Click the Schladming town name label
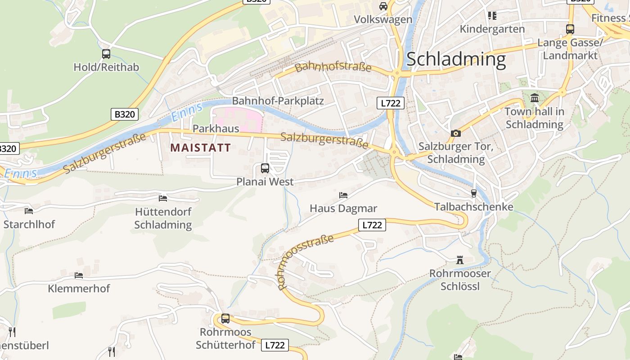[456, 59]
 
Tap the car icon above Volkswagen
[383, 6]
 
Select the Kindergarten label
[492, 29]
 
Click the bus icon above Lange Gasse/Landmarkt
[570, 29]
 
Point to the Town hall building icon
[534, 98]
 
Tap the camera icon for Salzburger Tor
[455, 133]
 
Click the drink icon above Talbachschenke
[473, 193]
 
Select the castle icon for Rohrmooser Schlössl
[459, 260]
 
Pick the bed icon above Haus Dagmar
[343, 195]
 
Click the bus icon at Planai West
[265, 168]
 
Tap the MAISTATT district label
[201, 148]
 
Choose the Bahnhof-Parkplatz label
[278, 101]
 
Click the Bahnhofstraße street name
[333, 67]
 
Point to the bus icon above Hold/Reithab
[106, 54]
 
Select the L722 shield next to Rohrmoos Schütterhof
[274, 345]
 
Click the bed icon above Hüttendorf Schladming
[163, 198]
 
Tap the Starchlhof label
[29, 224]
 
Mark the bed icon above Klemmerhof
[79, 275]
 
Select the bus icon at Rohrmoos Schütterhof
[225, 319]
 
